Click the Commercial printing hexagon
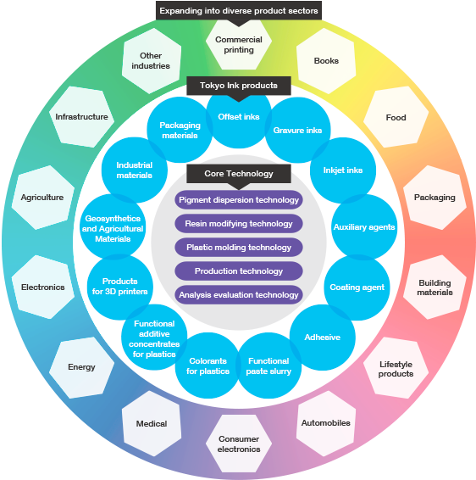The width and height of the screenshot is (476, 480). coord(239,45)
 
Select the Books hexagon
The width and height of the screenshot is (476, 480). coord(326,61)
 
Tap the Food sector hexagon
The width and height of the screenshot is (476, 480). coord(396,117)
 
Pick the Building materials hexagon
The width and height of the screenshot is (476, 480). coord(434,287)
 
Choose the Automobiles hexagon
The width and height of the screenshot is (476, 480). coord(326,423)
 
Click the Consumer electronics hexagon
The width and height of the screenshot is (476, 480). coord(239,444)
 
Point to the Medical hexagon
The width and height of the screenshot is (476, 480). coord(152,423)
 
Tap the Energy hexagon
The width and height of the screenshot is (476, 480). coord(81,367)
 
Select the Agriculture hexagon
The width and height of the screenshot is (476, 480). coord(42,198)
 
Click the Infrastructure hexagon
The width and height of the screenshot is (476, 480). coord(81,117)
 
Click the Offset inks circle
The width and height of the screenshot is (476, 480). coord(239,120)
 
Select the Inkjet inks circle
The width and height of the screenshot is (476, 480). coord(343,170)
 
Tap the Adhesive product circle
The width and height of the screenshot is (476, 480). coord(323,338)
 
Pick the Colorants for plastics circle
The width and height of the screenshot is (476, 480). coord(208,366)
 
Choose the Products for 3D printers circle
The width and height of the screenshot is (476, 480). coord(119,287)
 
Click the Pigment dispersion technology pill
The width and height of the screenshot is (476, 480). coord(239,200)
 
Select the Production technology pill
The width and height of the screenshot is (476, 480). coord(239,271)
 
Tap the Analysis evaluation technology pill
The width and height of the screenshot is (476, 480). coord(239,295)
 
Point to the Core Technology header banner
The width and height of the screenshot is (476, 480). coord(239,174)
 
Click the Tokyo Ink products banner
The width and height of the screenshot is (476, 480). coord(239,86)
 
